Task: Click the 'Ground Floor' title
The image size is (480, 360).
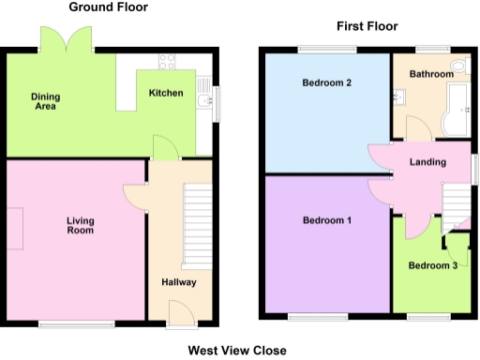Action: [x=108, y=7]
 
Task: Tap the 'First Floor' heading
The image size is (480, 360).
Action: [x=367, y=26]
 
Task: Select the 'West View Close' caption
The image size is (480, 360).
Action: [x=236, y=351]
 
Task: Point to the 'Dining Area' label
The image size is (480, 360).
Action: [x=44, y=101]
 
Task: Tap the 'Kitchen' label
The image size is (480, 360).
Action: [x=165, y=93]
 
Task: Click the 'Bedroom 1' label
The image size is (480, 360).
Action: [x=326, y=221]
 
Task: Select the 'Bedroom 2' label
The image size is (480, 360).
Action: [x=326, y=83]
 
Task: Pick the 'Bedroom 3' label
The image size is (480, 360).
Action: [x=432, y=265]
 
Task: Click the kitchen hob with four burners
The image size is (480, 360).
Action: [x=168, y=63]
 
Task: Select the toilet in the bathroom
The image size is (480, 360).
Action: [x=457, y=67]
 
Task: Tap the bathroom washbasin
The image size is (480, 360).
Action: [x=402, y=95]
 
